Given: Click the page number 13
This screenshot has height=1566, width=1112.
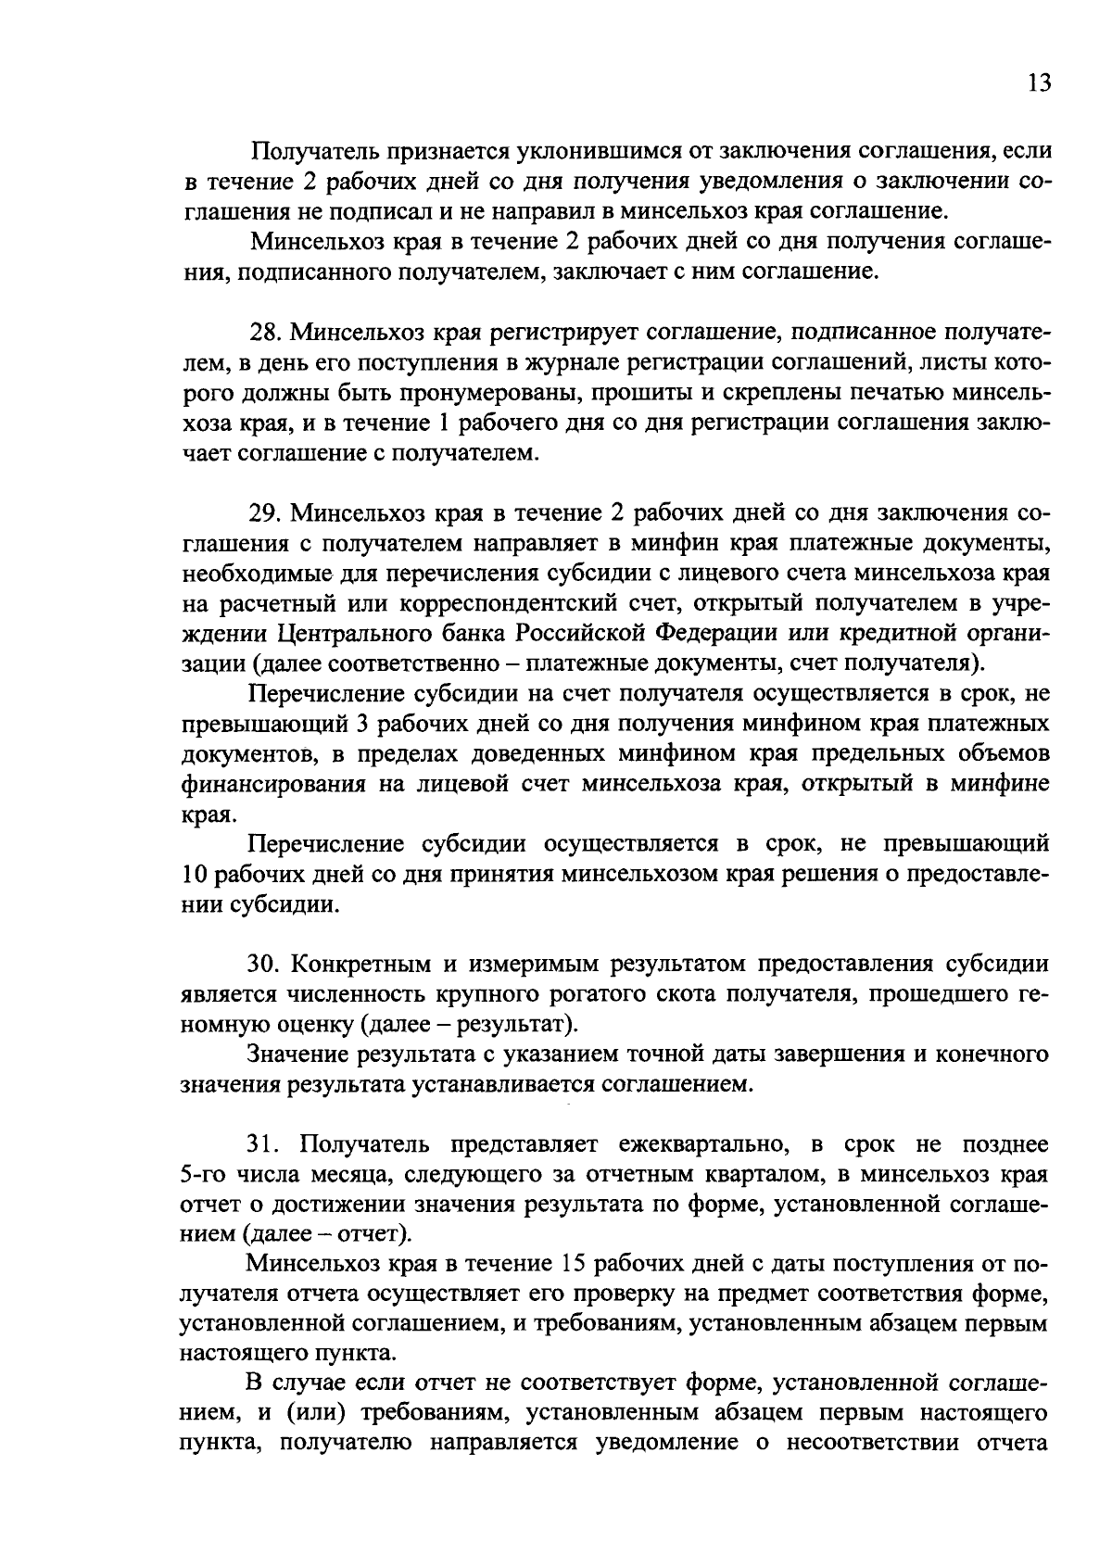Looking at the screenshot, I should [1039, 83].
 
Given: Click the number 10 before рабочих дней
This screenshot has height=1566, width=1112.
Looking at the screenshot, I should [196, 875].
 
